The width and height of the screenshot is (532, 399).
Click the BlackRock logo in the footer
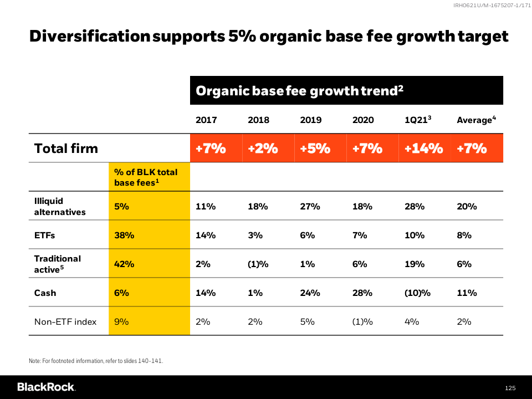[x=46, y=387]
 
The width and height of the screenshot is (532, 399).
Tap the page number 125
[x=510, y=388]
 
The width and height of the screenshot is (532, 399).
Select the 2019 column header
[x=310, y=120]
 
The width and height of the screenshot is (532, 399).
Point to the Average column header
[x=474, y=120]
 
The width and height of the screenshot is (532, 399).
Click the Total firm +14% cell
[x=424, y=149]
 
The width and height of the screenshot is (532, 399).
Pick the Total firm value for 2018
[x=263, y=149]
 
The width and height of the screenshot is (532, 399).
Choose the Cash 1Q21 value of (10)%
[x=418, y=293]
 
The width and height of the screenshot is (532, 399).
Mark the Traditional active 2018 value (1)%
[x=258, y=264]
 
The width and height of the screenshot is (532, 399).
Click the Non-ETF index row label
[x=65, y=321]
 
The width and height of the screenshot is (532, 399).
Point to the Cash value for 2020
[x=363, y=293]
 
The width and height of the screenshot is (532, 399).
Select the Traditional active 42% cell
[x=124, y=264]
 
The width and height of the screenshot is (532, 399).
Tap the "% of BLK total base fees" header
[x=146, y=177]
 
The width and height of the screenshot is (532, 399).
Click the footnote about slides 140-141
[x=96, y=361]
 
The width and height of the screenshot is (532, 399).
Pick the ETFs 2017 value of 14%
[x=206, y=235]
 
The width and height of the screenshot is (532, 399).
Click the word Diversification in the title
[x=89, y=37]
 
